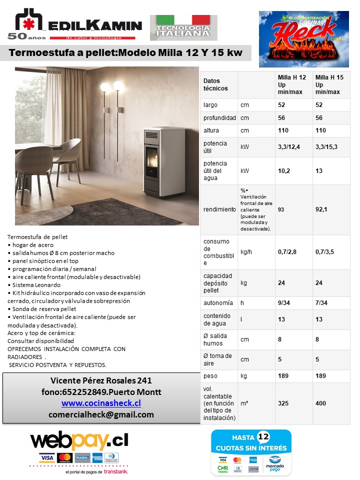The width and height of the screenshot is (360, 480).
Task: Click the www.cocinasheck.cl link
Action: [x=101, y=403]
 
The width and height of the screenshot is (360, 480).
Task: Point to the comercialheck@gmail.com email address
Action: [x=101, y=414]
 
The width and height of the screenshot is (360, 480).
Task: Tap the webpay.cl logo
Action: [x=79, y=440]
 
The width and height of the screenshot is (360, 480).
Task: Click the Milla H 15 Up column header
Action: [x=329, y=84]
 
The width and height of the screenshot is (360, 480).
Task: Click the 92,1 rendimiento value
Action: [x=321, y=209]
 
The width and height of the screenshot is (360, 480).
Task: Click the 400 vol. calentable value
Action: [x=321, y=403]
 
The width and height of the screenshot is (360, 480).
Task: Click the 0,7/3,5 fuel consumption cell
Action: [x=328, y=252]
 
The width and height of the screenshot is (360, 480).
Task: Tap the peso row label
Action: [x=210, y=375]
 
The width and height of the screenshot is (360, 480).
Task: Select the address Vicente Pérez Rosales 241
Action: [x=101, y=380]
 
